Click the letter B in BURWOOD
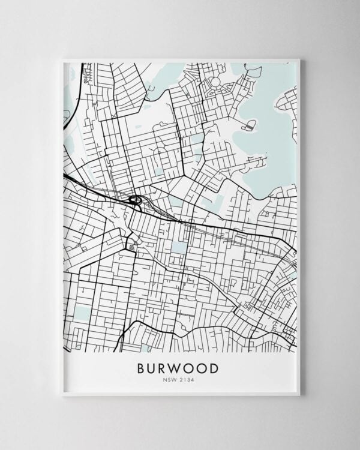point(142,367)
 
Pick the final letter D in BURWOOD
point(215,367)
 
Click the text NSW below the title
point(170,379)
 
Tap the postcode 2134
point(187,379)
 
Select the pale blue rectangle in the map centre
point(179,247)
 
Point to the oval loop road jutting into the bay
point(248,125)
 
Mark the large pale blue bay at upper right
point(264,144)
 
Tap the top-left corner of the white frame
point(62,59)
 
